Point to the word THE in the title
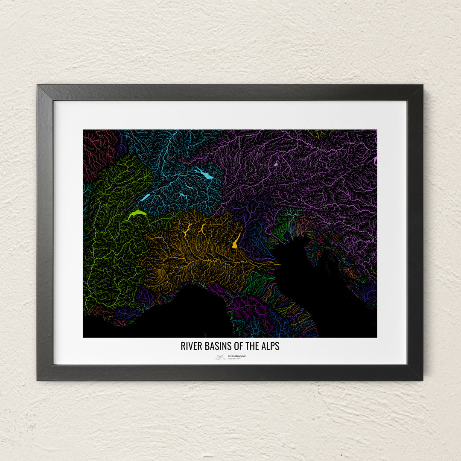coord(250,346)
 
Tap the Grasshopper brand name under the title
coord(237,356)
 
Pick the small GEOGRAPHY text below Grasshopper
coord(234,359)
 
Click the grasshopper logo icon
coord(220,357)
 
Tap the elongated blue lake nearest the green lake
coord(145,198)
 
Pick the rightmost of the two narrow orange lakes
coord(202,229)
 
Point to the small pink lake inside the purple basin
coord(276,164)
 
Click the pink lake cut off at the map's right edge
coord(375,160)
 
